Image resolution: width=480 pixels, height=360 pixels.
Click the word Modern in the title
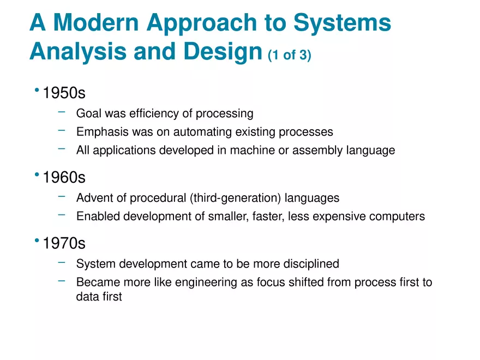[96, 23]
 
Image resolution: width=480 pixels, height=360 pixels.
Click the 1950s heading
[64, 93]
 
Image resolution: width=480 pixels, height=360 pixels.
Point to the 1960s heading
[64, 178]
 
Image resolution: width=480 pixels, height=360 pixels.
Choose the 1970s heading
[64, 243]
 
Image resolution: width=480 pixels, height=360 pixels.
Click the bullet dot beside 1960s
[37, 175]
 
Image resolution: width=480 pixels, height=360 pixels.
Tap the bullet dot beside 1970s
[37, 240]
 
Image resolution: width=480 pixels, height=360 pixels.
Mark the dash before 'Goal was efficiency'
[62, 112]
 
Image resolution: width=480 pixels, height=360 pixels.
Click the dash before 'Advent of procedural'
[62, 197]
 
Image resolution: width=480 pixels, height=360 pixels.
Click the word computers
[397, 217]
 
